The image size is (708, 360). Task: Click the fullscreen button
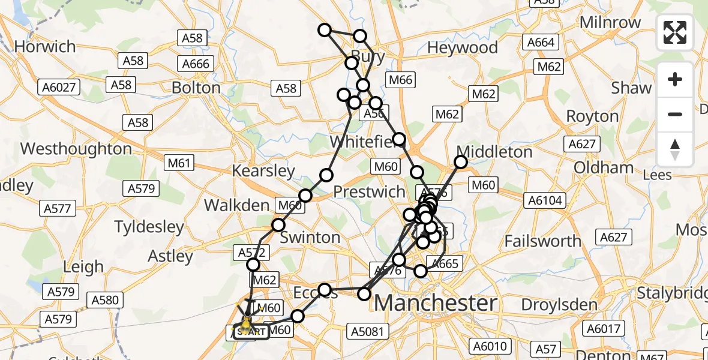click(x=675, y=32)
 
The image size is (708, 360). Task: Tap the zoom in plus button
click(x=675, y=79)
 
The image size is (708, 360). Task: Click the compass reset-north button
click(x=675, y=149)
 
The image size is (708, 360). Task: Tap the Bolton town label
click(x=196, y=88)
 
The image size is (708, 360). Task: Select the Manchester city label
click(x=436, y=303)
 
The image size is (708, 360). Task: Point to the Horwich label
click(x=45, y=47)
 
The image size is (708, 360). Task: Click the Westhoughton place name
click(x=76, y=149)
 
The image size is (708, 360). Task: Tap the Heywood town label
click(x=463, y=47)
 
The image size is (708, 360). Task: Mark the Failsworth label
click(x=543, y=241)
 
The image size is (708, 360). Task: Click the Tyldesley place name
click(x=149, y=227)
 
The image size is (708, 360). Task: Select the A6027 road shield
click(x=59, y=88)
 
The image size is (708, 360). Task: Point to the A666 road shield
click(x=196, y=64)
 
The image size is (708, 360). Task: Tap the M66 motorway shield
click(x=400, y=80)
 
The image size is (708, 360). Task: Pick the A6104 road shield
click(x=545, y=200)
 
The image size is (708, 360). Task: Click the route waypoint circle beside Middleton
click(x=461, y=162)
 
